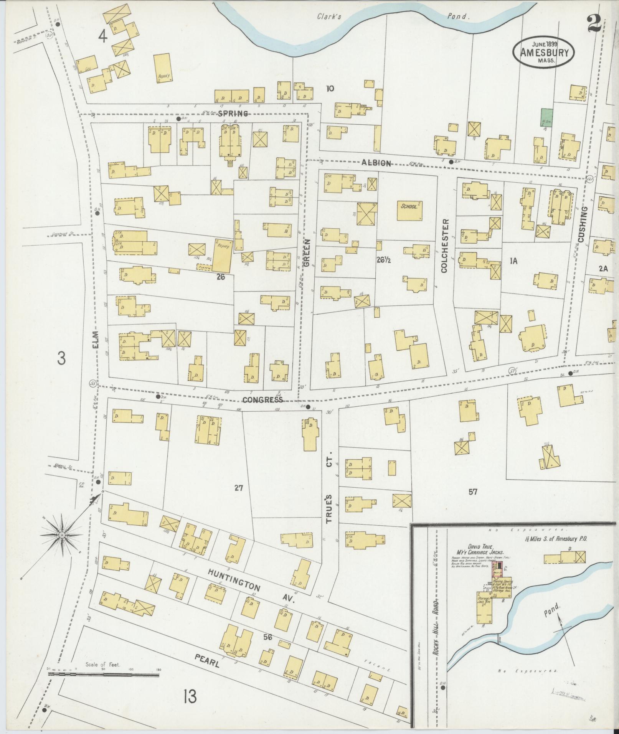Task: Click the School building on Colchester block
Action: tap(410, 210)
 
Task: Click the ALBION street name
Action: tap(376, 163)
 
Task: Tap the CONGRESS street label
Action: tap(262, 400)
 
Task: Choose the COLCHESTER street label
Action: tap(445, 246)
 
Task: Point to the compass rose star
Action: tap(61, 535)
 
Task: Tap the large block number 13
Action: tap(190, 696)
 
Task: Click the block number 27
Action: tap(239, 488)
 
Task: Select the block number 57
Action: tap(472, 491)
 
